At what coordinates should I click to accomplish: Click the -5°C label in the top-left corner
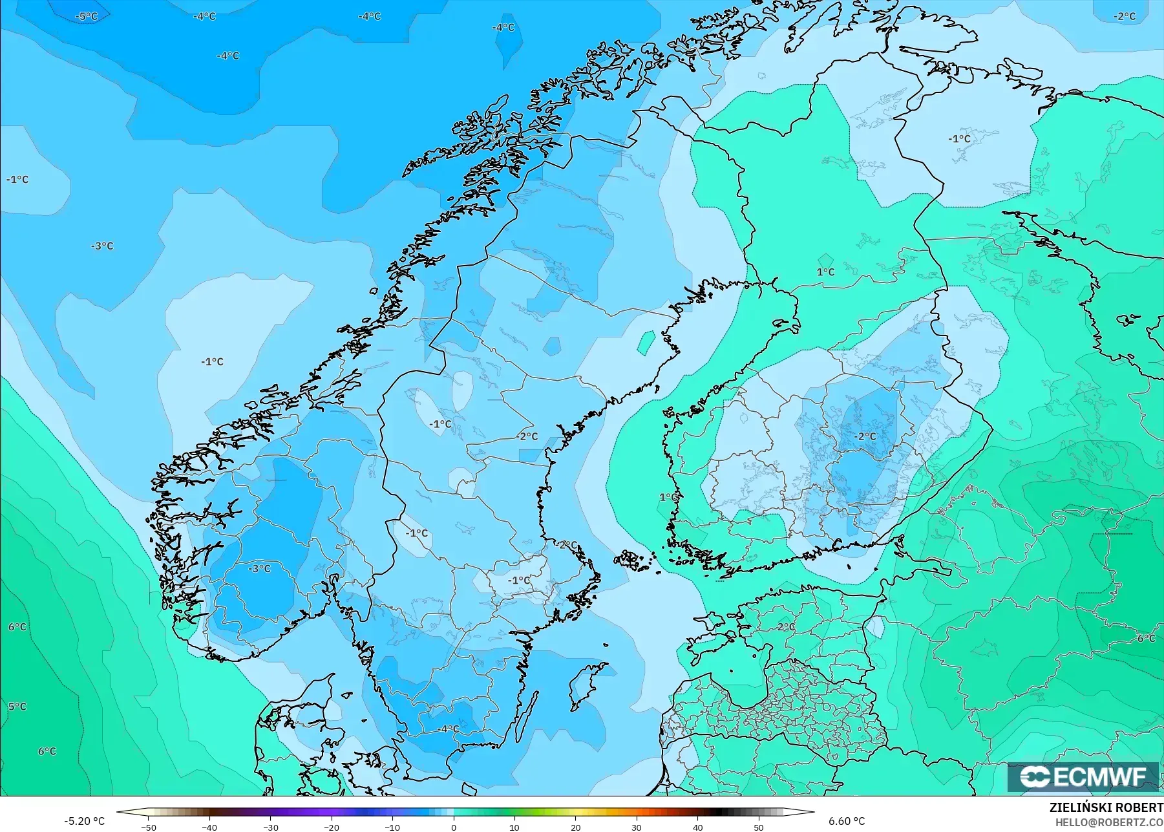pos(87,16)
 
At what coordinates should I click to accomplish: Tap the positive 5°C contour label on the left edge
pos(17,707)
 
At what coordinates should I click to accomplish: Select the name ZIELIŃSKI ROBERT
pos(1106,807)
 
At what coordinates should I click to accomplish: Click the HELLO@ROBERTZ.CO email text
pos(1109,822)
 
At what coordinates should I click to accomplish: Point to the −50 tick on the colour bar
pos(149,827)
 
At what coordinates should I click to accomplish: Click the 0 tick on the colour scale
pos(454,827)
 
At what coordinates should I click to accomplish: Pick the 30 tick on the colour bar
pos(637,827)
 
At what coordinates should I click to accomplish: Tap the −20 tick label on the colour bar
pos(331,827)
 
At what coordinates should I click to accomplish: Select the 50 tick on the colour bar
pos(759,827)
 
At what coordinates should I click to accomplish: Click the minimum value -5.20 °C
pos(84,821)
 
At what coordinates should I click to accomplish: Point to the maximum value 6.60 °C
pos(847,821)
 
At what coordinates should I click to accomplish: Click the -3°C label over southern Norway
pos(260,569)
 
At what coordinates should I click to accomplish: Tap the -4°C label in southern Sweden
pos(448,729)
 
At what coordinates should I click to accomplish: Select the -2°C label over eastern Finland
pos(865,437)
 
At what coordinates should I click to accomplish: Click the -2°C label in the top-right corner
pos(1125,16)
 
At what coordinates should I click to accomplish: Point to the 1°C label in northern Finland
pos(825,272)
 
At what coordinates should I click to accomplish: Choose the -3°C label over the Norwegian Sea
pos(102,246)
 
